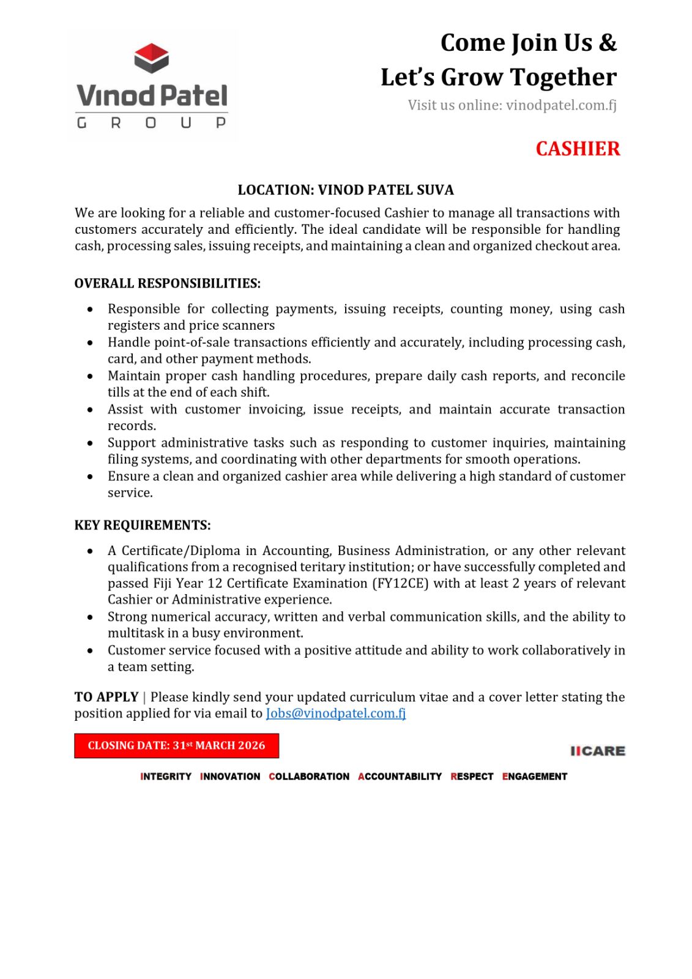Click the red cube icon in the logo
[151, 58]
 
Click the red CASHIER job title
[577, 149]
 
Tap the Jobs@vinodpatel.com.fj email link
[335, 713]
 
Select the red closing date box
[176, 745]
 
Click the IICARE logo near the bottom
[597, 751]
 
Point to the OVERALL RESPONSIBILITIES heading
[167, 283]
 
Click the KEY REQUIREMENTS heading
[142, 525]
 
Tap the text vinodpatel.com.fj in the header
[561, 105]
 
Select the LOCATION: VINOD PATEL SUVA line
[346, 190]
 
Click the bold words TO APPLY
[106, 697]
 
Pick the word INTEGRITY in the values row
[166, 776]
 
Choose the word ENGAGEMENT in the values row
[535, 776]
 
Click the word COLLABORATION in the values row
[309, 776]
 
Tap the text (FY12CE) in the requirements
[400, 583]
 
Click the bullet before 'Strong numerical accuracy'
[91, 617]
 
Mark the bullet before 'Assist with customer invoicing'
[91, 410]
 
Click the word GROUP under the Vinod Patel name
[151, 123]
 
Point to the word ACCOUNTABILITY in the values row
[400, 776]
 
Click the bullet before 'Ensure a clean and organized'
[91, 477]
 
